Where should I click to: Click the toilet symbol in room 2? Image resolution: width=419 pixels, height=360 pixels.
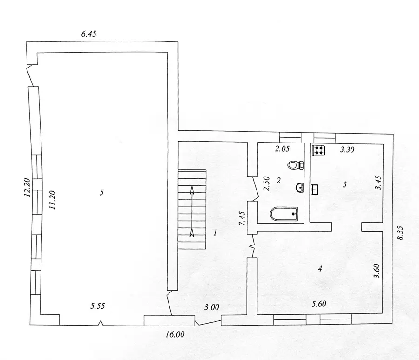pos(296,165)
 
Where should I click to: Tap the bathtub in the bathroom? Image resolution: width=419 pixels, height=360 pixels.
pos(284,214)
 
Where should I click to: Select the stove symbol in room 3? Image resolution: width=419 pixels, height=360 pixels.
pos(318,150)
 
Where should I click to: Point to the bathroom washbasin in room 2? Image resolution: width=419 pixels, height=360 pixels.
pos(300,188)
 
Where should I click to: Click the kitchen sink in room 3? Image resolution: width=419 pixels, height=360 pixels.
pos(315,190)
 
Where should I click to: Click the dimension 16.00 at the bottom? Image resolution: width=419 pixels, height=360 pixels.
pos(175,334)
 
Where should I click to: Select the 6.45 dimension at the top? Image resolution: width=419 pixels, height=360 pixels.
pos(89,34)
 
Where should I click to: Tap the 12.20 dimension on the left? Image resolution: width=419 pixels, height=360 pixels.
pos(27,187)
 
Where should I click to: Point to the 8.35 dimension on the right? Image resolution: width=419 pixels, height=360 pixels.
pos(400,233)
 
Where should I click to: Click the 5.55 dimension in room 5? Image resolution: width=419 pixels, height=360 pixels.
pos(98,306)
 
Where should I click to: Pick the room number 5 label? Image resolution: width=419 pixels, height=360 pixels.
pos(101,192)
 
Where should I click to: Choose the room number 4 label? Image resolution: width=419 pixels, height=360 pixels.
pos(320,268)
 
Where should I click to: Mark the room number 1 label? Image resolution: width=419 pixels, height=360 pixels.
pos(215,232)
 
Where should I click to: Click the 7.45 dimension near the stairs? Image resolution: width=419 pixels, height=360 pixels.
pos(242,218)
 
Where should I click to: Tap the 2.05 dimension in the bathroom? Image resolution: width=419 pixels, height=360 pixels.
pos(282,149)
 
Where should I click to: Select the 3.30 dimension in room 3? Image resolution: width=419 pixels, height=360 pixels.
pos(347,149)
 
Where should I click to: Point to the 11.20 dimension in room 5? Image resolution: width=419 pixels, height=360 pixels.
pos(52,200)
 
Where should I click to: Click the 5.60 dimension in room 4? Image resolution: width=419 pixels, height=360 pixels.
pos(319,304)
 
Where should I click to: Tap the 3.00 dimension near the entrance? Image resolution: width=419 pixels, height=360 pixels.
pos(212,307)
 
